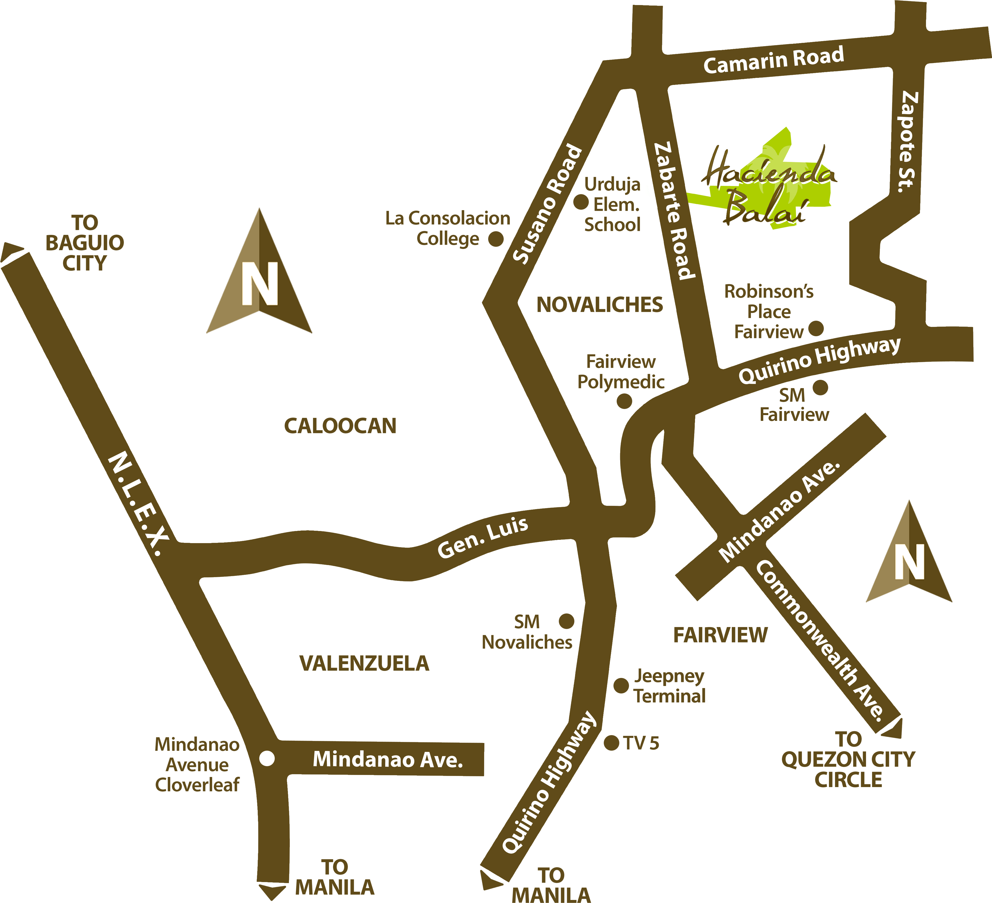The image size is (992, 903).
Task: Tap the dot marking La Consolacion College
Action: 495,239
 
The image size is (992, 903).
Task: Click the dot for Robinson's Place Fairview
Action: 816,328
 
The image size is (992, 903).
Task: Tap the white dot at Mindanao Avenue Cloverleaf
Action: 267,758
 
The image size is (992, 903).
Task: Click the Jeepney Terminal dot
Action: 621,685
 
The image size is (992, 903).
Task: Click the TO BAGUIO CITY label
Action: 85,243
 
